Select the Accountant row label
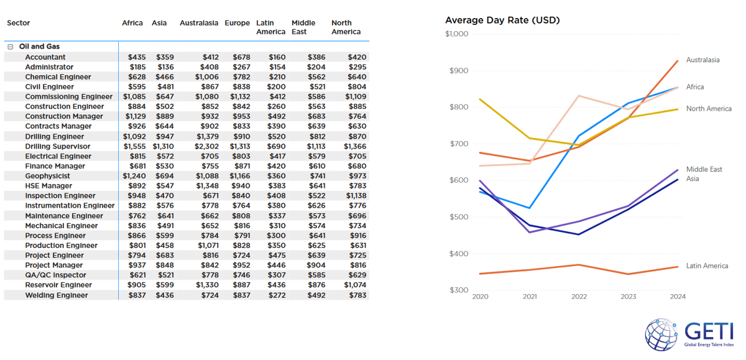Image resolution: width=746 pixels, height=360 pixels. click(x=45, y=57)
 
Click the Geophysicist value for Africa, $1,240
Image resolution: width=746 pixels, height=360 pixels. click(x=134, y=176)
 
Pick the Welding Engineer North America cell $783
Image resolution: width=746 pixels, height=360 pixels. click(x=357, y=295)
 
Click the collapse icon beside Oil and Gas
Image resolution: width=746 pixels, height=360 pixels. click(x=11, y=47)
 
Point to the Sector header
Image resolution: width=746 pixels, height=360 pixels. click(x=19, y=23)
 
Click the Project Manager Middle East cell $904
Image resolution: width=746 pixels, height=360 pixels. click(x=316, y=265)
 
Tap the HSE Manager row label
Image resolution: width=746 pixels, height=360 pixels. click(x=48, y=186)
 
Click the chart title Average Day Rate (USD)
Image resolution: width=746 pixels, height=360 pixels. click(x=502, y=20)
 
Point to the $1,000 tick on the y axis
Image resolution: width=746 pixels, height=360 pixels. click(x=456, y=34)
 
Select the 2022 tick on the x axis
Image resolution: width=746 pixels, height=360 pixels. click(x=579, y=297)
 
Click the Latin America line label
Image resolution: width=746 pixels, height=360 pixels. click(x=707, y=266)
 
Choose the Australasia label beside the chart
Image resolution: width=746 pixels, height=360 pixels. click(x=702, y=60)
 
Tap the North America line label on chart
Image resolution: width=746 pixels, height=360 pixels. click(x=709, y=109)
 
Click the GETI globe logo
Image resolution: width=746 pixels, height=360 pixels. click(x=661, y=335)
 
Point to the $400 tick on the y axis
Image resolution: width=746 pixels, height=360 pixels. click(x=459, y=254)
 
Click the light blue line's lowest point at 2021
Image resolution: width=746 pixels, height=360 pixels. click(x=529, y=208)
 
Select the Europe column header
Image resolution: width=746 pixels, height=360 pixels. click(x=237, y=23)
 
